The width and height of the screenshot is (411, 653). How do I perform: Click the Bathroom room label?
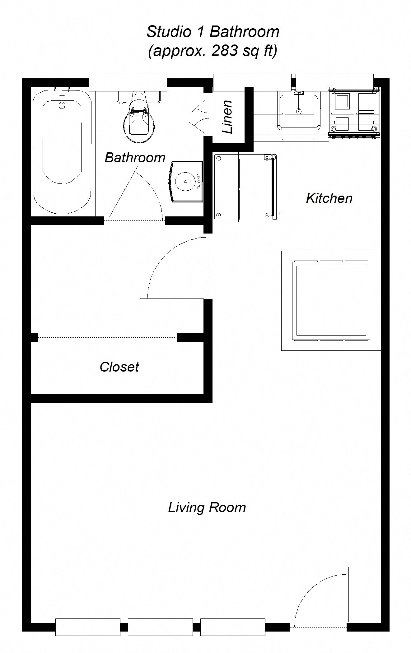click(135, 158)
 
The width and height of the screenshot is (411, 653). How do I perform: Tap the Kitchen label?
click(329, 198)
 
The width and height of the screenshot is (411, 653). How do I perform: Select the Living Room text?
click(207, 508)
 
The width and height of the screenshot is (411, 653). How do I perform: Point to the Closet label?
click(119, 367)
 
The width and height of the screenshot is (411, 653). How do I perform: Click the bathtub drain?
click(62, 105)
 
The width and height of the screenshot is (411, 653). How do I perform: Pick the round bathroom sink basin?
click(186, 182)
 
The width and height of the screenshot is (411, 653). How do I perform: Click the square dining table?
click(331, 301)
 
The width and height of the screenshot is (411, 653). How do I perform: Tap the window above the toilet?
click(128, 83)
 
